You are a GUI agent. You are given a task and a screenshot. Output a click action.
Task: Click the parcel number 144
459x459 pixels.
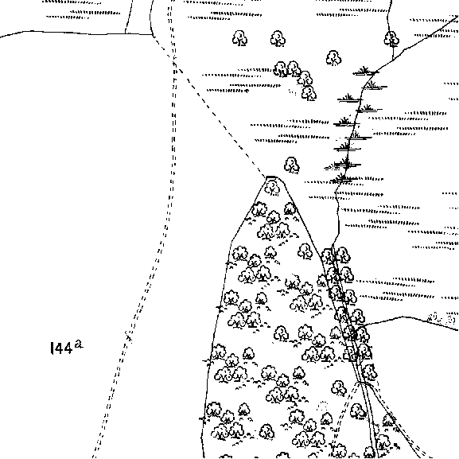click(61, 348)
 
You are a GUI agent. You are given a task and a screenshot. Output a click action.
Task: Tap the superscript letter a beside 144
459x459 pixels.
click(79, 344)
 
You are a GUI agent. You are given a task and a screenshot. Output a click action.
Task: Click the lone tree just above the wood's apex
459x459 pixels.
click(292, 165)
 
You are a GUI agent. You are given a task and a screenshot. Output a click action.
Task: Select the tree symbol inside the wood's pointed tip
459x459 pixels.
click(272, 188)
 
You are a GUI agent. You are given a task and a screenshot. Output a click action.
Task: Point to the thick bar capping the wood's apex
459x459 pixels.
click(270, 177)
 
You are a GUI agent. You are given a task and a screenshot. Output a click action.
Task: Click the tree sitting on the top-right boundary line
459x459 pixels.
click(391, 39)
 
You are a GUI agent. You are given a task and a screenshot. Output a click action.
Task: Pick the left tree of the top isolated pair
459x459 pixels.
click(239, 38)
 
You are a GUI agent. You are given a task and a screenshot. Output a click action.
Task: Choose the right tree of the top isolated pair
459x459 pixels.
click(278, 39)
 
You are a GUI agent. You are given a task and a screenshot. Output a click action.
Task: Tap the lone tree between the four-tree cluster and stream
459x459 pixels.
click(333, 58)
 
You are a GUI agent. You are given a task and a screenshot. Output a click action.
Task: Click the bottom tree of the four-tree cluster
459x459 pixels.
click(309, 93)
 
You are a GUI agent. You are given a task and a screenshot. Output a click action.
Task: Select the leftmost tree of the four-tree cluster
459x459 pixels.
click(281, 69)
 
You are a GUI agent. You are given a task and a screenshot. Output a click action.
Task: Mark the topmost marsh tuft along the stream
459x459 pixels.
click(364, 71)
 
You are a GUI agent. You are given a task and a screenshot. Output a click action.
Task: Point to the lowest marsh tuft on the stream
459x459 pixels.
click(343, 177)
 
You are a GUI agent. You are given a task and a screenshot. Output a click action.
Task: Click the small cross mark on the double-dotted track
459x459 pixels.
click(129, 336)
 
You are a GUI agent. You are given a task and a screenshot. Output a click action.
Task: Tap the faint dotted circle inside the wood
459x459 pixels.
click(322, 406)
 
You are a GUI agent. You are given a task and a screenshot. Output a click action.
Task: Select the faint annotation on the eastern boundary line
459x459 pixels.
click(441, 318)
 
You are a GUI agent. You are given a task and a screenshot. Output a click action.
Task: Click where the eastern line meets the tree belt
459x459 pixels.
click(363, 325)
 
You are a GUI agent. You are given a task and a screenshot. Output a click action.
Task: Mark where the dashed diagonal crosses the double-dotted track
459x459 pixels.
click(174, 63)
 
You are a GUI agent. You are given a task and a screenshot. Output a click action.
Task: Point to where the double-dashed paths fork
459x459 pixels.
click(360, 383)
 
